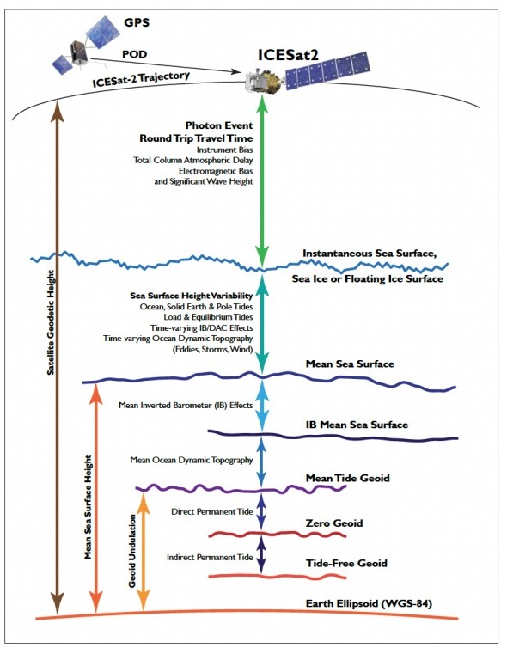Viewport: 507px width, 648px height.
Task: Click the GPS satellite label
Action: [x=137, y=22]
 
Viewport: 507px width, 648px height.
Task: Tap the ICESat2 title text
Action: [x=289, y=54]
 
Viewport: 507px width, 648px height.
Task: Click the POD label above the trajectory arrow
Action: [x=134, y=54]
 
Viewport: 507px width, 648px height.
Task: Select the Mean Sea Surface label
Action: [x=350, y=364]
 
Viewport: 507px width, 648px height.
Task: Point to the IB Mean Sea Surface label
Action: [x=357, y=425]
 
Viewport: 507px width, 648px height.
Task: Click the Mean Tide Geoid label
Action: [x=347, y=478]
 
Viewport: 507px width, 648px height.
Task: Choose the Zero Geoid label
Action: [x=334, y=523]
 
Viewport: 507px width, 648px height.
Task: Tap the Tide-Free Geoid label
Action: [x=346, y=563]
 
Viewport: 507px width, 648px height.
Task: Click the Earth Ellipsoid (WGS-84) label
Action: [x=369, y=603]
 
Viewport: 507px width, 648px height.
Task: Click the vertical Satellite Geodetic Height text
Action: [x=51, y=322]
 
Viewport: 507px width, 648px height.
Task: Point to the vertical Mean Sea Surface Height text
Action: [x=88, y=507]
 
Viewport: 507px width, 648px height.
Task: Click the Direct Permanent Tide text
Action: [x=212, y=511]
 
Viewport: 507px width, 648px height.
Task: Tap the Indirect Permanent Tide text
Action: [x=210, y=557]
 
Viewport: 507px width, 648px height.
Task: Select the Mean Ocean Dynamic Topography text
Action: [x=192, y=460]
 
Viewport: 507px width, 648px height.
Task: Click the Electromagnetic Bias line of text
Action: [x=216, y=171]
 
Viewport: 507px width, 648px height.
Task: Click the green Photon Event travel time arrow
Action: [x=261, y=180]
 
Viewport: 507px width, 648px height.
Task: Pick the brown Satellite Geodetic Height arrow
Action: [x=57, y=358]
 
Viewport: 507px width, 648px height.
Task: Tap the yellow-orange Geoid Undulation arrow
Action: [x=143, y=552]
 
